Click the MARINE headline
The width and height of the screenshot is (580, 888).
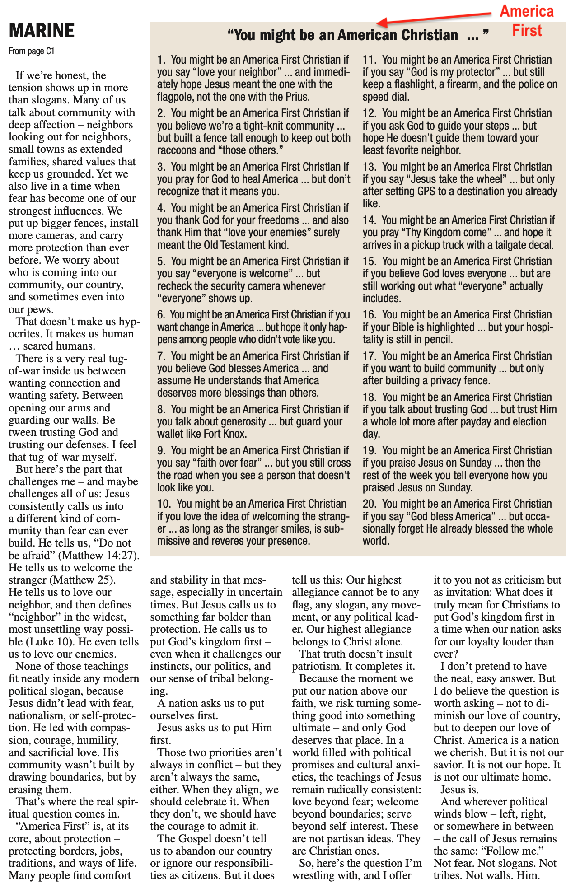(42, 31)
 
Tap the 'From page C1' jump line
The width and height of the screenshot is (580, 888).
(31, 51)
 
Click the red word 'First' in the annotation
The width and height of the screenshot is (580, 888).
(527, 31)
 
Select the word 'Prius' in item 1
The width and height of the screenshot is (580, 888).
(296, 97)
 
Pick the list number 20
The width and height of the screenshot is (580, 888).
(369, 504)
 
